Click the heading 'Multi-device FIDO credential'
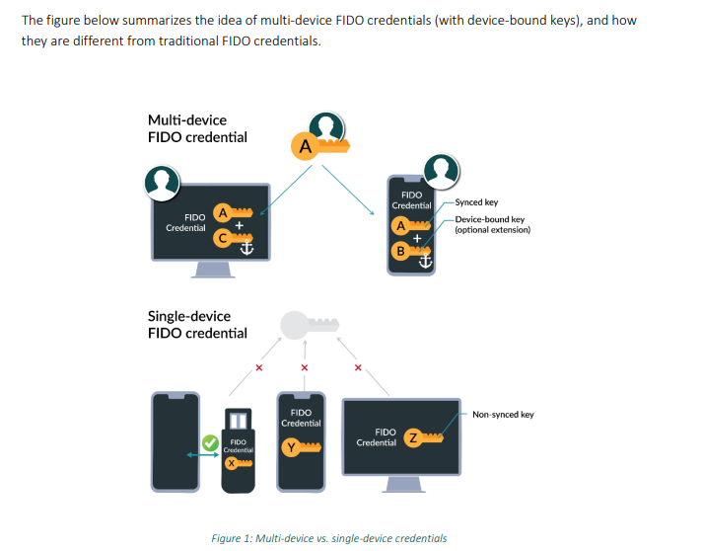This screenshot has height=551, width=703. pyautogui.click(x=197, y=128)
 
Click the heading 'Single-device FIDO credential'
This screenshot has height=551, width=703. pyautogui.click(x=197, y=325)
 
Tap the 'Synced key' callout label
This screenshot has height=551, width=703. pyautogui.click(x=476, y=202)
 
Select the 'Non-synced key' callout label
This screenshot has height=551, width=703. pyautogui.click(x=503, y=415)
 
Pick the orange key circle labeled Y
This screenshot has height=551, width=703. pyautogui.click(x=291, y=448)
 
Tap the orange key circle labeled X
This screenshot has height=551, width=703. pyautogui.click(x=231, y=462)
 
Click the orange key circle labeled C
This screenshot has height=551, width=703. pyautogui.click(x=223, y=237)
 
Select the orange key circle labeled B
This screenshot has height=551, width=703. pyautogui.click(x=400, y=250)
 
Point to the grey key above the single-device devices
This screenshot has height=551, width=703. pyautogui.click(x=305, y=325)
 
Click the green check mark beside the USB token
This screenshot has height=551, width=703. pyautogui.click(x=210, y=443)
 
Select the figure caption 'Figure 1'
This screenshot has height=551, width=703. pyautogui.click(x=328, y=538)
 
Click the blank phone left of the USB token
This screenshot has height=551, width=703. pyautogui.click(x=171, y=440)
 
